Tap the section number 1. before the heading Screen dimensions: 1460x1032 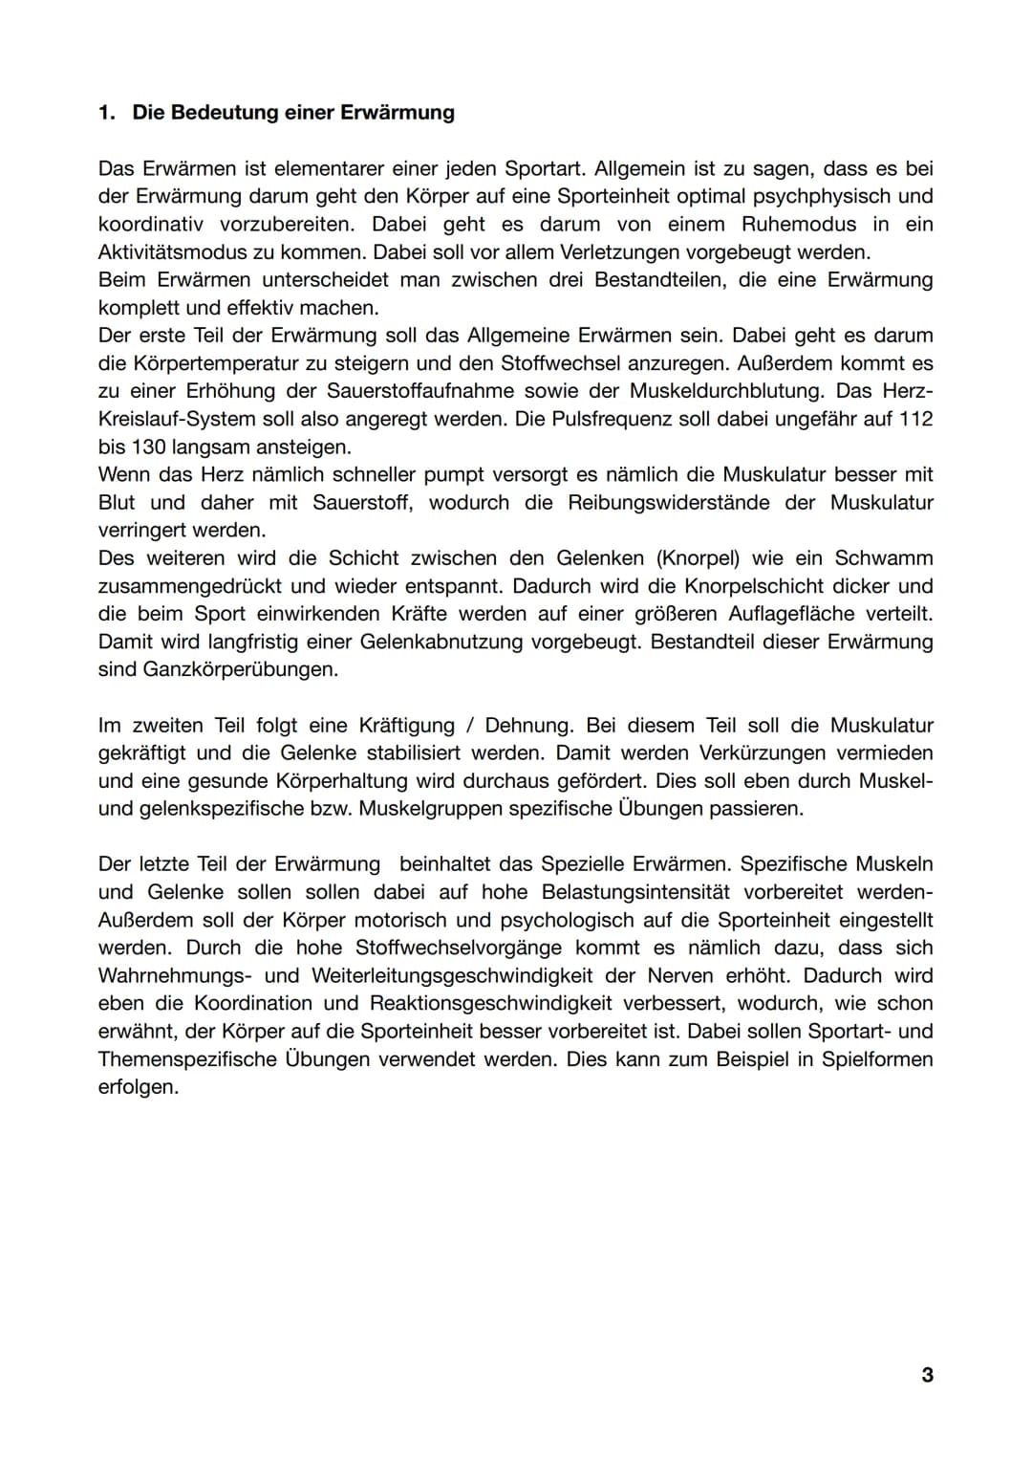tap(107, 113)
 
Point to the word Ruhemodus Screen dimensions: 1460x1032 tap(799, 224)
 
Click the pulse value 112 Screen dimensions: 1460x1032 tap(915, 419)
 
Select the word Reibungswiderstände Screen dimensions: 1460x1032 tap(668, 502)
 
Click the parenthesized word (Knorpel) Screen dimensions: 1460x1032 tap(696, 557)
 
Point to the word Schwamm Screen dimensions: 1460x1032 tap(884, 557)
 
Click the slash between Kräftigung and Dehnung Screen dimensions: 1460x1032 tap(469, 725)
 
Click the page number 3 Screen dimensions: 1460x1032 tap(927, 1375)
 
